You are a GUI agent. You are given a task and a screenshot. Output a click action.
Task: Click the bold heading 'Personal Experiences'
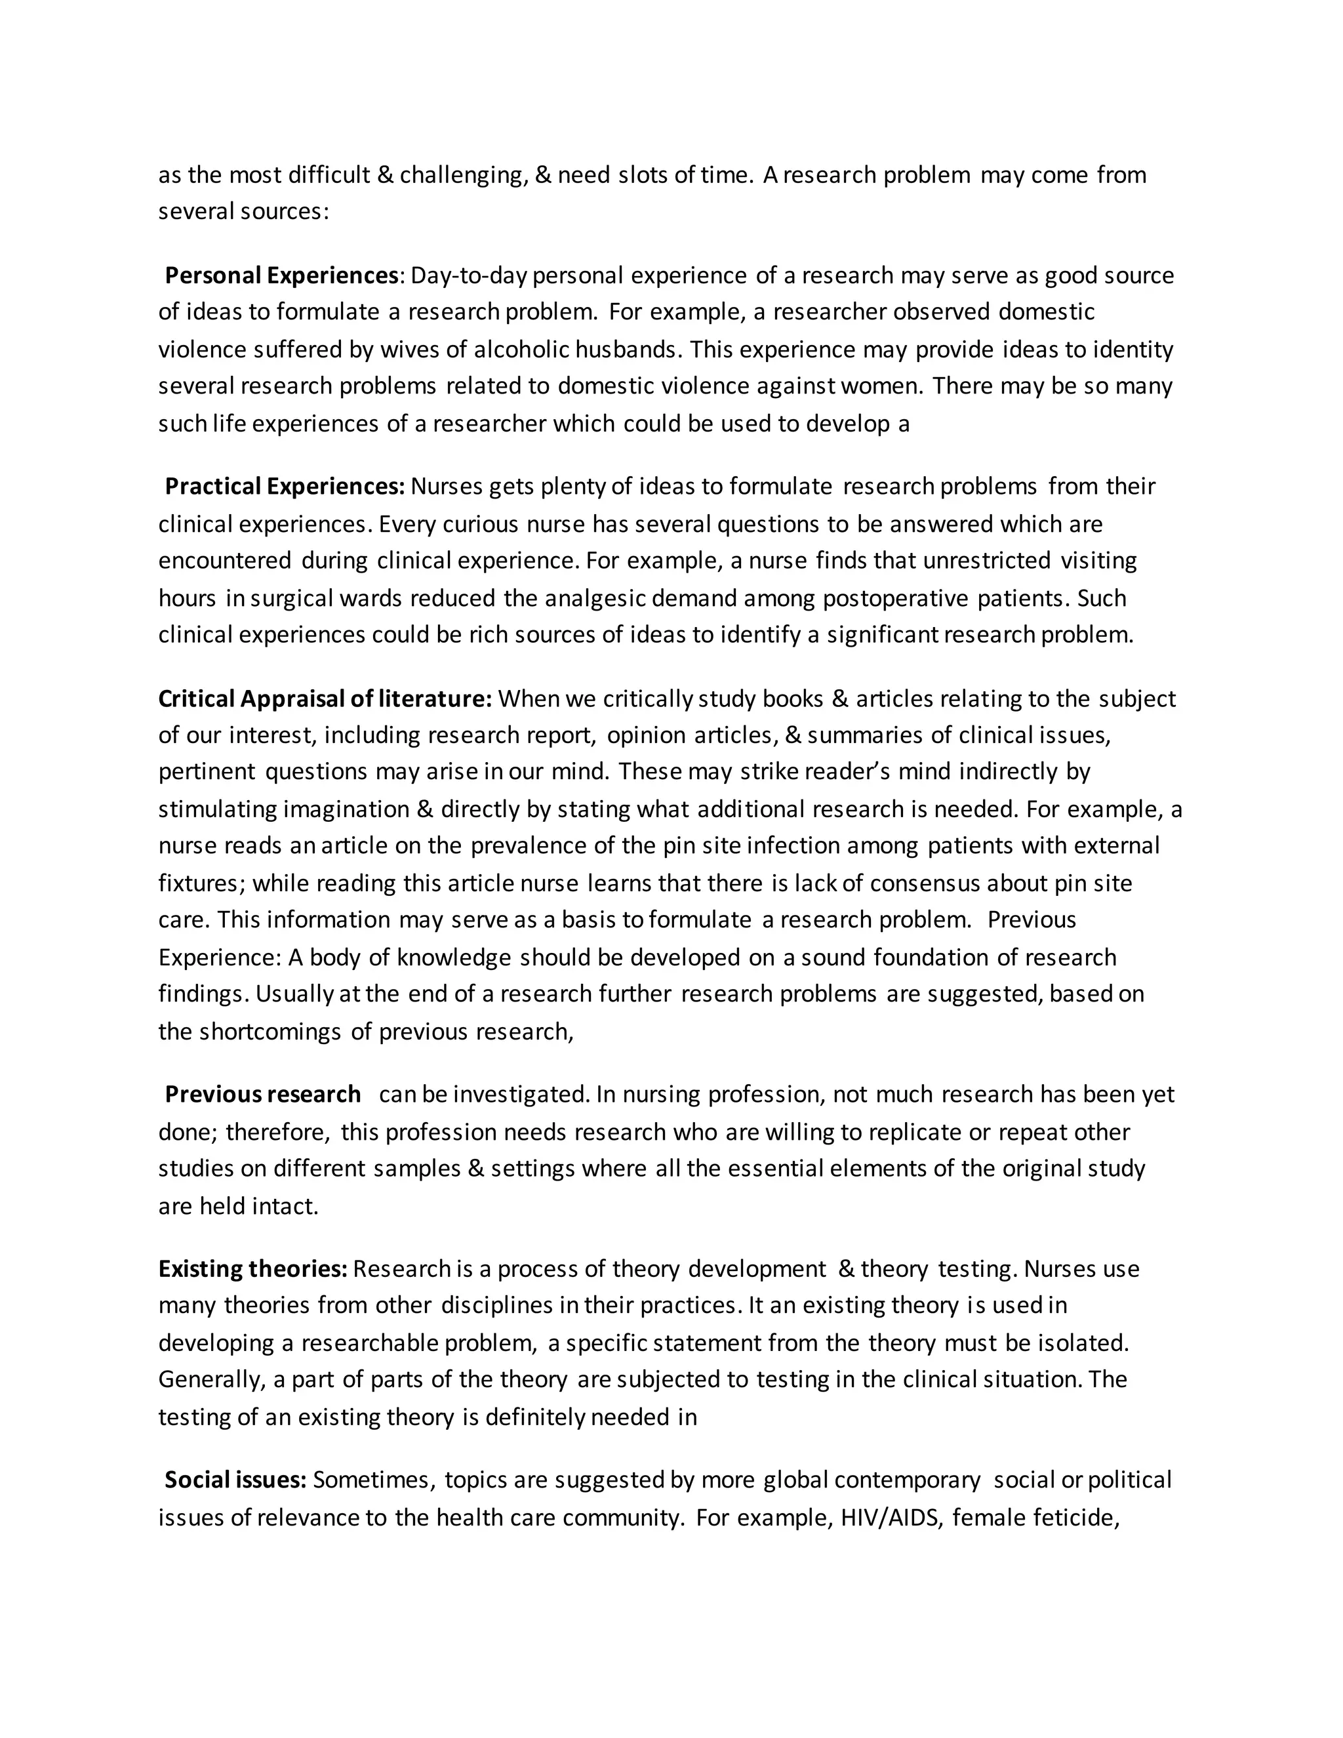(x=281, y=275)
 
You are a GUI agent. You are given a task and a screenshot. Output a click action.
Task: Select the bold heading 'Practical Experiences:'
(x=285, y=486)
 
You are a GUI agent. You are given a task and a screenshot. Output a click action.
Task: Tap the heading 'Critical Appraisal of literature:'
(x=325, y=698)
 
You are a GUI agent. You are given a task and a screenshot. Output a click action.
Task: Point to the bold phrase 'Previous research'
(x=262, y=1094)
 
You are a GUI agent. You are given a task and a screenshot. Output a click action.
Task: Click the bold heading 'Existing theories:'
(x=252, y=1268)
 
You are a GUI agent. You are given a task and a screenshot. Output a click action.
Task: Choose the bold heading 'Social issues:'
(x=235, y=1480)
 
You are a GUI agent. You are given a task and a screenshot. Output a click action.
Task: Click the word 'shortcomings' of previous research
(x=271, y=1032)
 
